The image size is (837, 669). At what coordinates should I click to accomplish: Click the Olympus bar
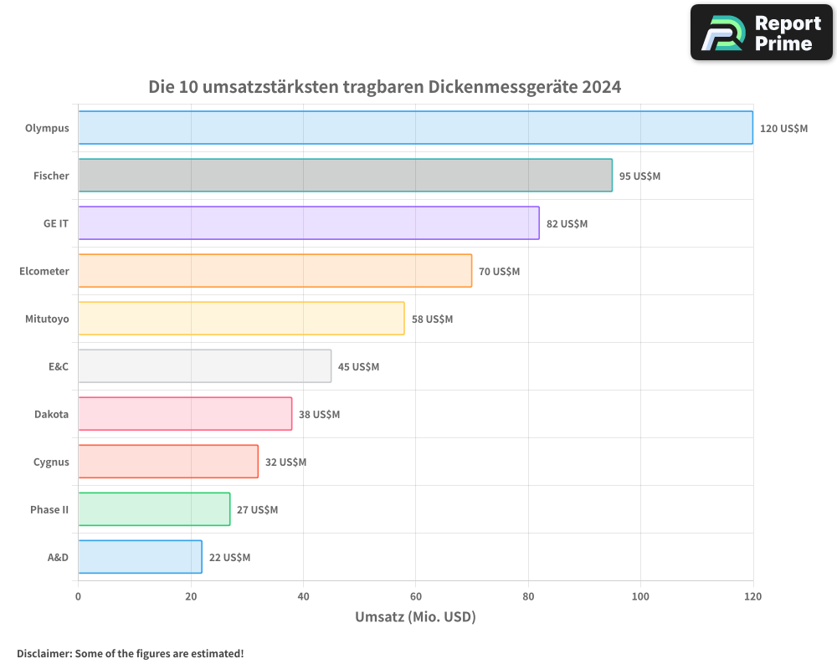[x=415, y=128]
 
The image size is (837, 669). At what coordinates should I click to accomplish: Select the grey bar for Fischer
[x=345, y=176]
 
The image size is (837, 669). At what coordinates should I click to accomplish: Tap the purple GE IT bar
[x=308, y=223]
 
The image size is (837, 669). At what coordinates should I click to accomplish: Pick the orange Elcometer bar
[x=275, y=271]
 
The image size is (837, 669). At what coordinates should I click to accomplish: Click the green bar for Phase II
[x=154, y=509]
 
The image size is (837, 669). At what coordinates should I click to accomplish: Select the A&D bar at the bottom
[x=140, y=557]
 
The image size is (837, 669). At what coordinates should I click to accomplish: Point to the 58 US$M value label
[x=432, y=319]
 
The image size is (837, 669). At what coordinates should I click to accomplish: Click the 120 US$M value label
[x=783, y=129]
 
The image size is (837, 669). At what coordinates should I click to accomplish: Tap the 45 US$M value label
[x=358, y=367]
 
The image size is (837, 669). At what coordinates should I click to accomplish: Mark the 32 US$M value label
[x=285, y=462]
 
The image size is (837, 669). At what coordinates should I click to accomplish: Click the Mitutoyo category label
[x=47, y=319]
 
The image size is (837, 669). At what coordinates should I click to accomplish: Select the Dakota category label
[x=51, y=414]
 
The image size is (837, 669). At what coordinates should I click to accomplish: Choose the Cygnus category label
[x=51, y=462]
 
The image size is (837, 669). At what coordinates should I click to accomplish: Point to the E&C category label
[x=59, y=366]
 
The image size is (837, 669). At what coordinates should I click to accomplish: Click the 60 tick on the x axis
[x=415, y=596]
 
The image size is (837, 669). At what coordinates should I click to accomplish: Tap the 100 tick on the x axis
[x=640, y=596]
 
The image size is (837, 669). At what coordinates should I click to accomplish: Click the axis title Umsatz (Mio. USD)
[x=415, y=617]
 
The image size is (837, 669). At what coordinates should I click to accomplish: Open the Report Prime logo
[x=762, y=33]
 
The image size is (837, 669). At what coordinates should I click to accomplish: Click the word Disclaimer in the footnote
[x=43, y=653]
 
